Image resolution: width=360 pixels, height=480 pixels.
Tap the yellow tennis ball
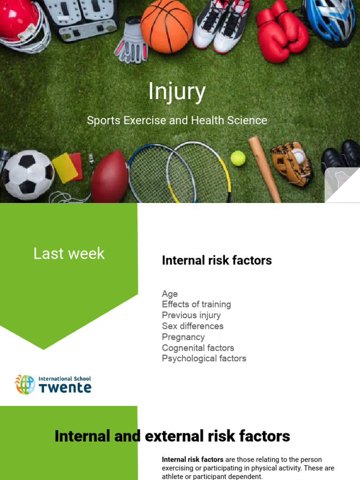coord(238,158)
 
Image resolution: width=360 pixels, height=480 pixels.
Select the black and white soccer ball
coord(28,174)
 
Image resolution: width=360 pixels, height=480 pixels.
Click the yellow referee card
coord(64,168)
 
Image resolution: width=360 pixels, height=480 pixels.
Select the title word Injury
coord(177,91)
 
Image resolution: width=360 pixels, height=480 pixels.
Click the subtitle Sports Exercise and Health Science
coord(177,120)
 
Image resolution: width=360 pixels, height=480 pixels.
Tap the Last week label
coord(69,254)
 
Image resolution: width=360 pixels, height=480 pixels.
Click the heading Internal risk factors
coord(217,261)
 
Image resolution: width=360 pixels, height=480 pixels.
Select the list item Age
coord(170,294)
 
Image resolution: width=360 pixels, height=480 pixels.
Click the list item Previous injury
coord(191,315)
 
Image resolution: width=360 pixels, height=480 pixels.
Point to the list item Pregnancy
coord(183,337)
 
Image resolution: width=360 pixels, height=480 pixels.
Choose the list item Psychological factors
coord(204,359)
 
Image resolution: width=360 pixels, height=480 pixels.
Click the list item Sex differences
coord(193,326)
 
